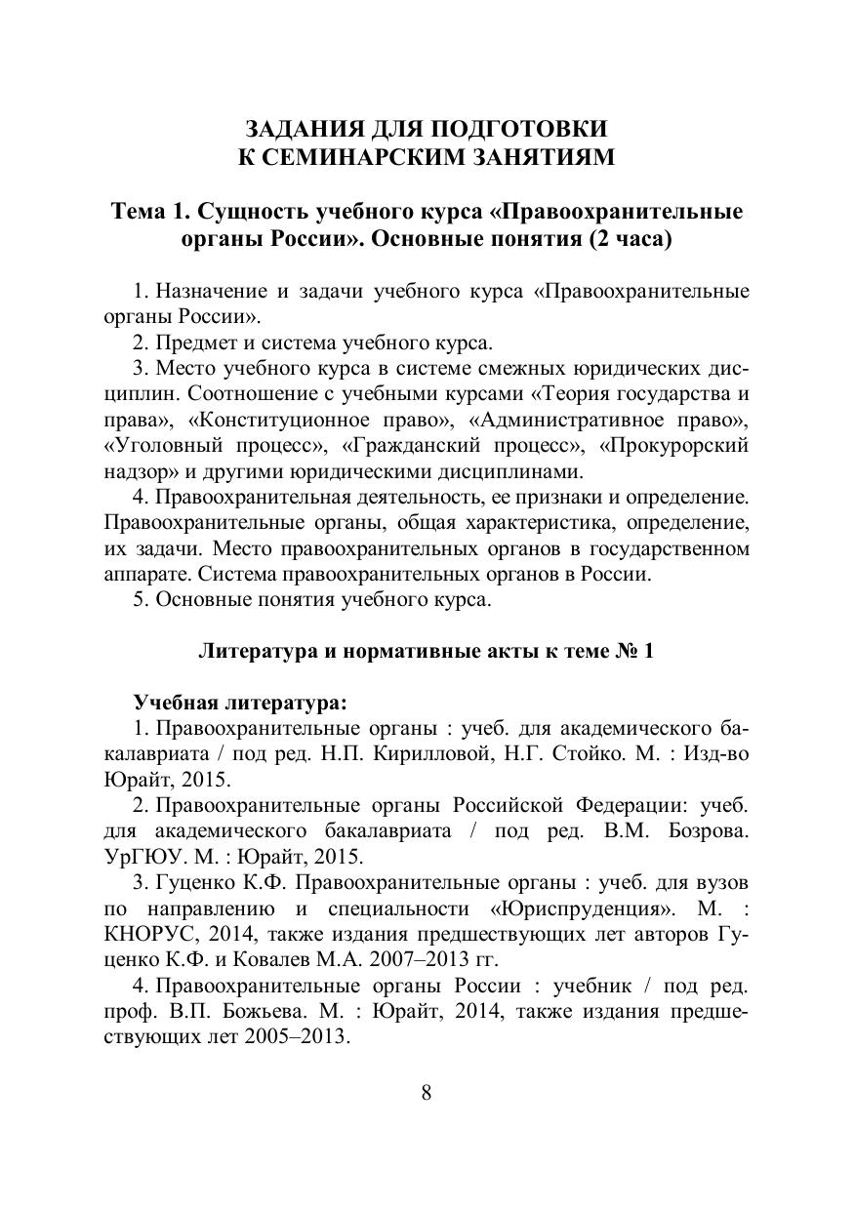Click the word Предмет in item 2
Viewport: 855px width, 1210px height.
click(194, 343)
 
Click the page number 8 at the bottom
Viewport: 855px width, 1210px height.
click(427, 1092)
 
